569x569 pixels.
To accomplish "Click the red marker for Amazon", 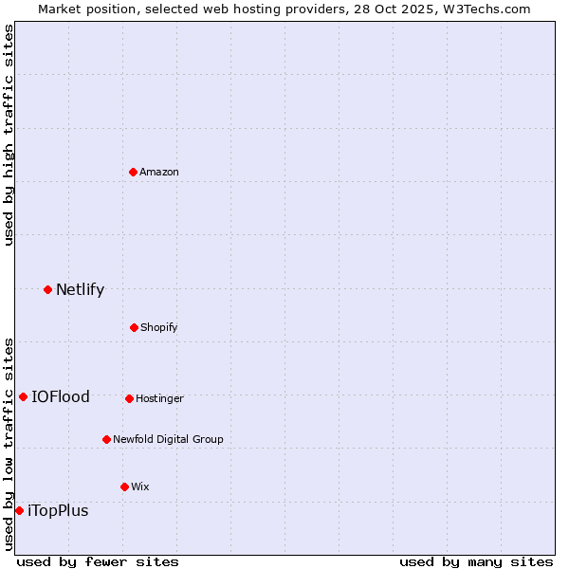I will pos(133,172).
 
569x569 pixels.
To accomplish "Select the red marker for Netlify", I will pos(47,289).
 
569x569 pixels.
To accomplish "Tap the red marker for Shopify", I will pos(134,327).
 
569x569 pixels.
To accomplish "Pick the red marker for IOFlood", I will pos(23,396).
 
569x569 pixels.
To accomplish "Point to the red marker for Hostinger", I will pos(129,398).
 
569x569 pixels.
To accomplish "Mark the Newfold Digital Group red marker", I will pos(106,439).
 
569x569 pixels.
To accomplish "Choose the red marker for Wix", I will pos(124,486).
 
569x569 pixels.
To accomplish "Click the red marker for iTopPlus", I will pos(19,510).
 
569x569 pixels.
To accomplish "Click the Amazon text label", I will pos(159,172).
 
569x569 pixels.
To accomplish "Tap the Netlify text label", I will pos(80,289).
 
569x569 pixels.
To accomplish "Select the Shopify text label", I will pos(159,327).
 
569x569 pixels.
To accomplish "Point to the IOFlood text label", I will pos(61,396).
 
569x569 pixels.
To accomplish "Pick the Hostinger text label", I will pos(159,398).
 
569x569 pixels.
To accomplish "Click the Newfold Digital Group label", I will pos(168,439).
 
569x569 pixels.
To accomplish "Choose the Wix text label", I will pos(140,486).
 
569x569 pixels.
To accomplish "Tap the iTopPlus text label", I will pos(58,510).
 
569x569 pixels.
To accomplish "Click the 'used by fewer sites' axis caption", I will pos(98,561).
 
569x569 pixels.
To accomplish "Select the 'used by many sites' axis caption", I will pos(476,561).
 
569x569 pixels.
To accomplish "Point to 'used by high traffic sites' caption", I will pos(9,135).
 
